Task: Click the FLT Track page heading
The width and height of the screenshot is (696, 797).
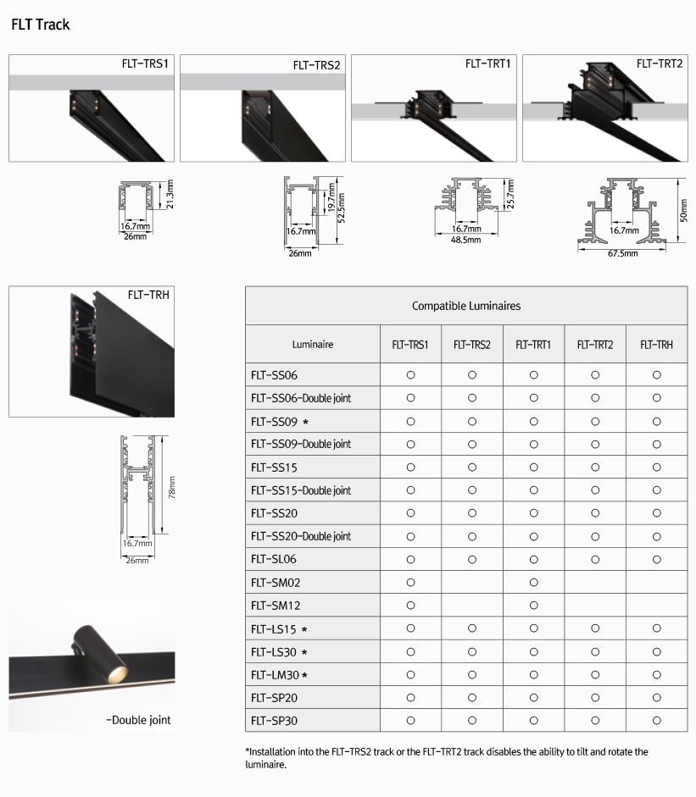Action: click(x=40, y=25)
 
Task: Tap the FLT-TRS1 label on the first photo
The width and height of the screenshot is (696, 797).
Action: click(x=145, y=64)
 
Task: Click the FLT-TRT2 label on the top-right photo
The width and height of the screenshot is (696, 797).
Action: click(x=660, y=64)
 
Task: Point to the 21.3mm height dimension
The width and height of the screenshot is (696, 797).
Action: click(x=170, y=194)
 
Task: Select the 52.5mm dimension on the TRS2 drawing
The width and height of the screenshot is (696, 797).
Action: click(x=342, y=208)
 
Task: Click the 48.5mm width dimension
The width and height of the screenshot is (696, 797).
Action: click(x=465, y=240)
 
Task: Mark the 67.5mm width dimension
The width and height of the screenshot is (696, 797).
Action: click(x=623, y=253)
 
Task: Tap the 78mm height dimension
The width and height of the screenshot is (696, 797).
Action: click(x=172, y=488)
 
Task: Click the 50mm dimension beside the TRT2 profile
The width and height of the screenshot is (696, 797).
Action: click(x=684, y=210)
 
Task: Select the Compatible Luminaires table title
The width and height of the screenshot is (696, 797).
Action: click(x=466, y=306)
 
